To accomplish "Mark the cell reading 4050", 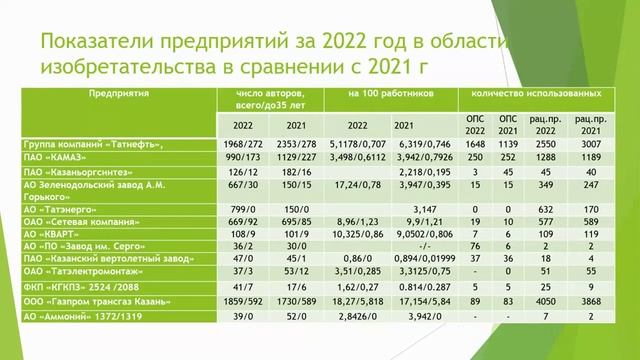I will click(546, 299).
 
